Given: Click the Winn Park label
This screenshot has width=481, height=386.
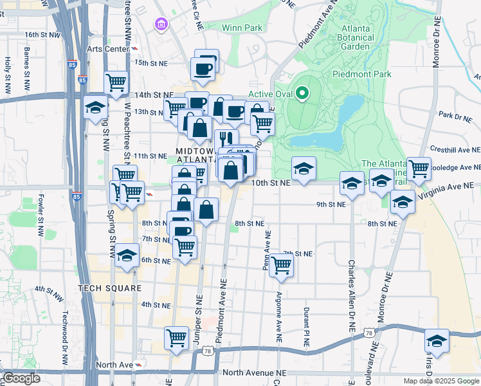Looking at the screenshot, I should pos(242,28).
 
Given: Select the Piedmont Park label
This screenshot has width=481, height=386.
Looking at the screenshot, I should pos(361,74).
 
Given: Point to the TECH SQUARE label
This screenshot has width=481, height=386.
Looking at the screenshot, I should pos(109,288).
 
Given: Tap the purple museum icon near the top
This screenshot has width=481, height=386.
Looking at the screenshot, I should pos(161,25).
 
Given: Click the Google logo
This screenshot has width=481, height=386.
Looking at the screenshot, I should pos(21,378).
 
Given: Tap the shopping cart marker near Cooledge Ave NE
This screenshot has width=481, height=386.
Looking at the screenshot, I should pos(419,169).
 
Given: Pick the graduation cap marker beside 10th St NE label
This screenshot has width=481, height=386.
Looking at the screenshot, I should pos(304,169).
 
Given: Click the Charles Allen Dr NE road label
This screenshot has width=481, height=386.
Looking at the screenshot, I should pos(352,295).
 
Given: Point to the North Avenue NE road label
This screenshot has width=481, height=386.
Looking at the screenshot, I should pos(253,372).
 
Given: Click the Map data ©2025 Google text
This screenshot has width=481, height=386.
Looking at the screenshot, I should pos(440,381).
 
